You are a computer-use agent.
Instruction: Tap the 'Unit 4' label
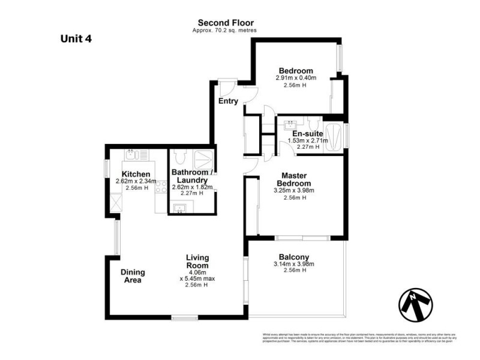[x=76, y=39]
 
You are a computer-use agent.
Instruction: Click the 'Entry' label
[x=228, y=101]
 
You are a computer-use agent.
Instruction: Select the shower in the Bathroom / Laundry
[x=205, y=159]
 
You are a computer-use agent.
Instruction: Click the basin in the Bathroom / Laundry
[x=180, y=208]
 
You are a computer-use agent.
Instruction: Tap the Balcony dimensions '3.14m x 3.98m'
[x=295, y=264]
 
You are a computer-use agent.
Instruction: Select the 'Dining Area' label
[x=134, y=276]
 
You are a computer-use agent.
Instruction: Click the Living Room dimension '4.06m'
[x=197, y=272]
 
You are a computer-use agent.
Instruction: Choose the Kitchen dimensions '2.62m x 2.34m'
[x=136, y=181]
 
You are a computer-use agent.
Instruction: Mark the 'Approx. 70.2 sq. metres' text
[x=221, y=30]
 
